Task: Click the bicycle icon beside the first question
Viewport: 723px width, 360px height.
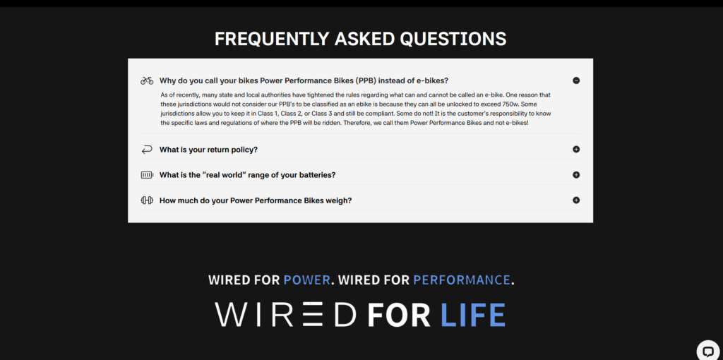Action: (147, 80)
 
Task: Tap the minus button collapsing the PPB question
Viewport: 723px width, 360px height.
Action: (576, 80)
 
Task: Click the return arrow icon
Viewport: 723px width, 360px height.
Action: (147, 150)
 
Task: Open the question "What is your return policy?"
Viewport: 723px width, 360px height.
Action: (208, 150)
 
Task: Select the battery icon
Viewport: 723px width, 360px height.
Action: (147, 175)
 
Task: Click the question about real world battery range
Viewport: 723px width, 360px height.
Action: (247, 175)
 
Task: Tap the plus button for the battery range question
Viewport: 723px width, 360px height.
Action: (576, 175)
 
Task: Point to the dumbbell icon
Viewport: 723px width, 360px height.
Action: (147, 200)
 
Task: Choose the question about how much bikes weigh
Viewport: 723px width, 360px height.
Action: (256, 200)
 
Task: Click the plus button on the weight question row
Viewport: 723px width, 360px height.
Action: (576, 200)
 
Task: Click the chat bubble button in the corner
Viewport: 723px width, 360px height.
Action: (707, 352)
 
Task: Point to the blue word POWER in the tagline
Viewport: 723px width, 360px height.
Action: (306, 280)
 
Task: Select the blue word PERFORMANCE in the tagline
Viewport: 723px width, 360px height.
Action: (462, 280)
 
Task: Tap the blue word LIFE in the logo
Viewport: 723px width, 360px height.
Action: (473, 315)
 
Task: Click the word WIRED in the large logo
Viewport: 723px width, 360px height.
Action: (285, 315)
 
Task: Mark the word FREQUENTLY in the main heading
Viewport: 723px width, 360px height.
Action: (272, 40)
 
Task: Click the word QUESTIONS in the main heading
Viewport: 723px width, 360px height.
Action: (453, 40)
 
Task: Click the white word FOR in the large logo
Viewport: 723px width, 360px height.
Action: (399, 315)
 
